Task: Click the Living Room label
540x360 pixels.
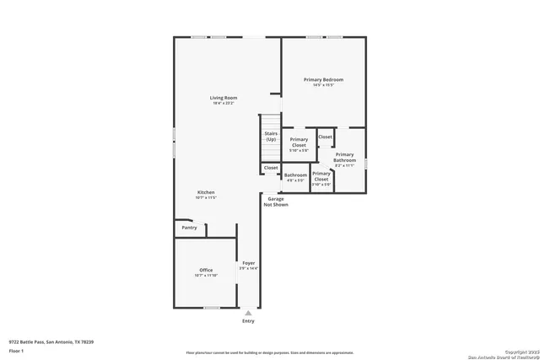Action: [x=224, y=98]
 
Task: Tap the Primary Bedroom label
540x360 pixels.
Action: [x=323, y=79]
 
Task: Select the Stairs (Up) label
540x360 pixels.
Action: [x=270, y=136]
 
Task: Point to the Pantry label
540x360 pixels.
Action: [x=189, y=227]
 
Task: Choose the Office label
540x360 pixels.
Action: [x=206, y=270]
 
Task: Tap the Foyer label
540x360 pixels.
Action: [x=249, y=263]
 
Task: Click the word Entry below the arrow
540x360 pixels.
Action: [x=248, y=321]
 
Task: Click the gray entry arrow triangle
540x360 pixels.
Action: [x=248, y=313]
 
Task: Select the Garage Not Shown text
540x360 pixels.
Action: [x=276, y=201]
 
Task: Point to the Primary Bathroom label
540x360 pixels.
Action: [x=344, y=157]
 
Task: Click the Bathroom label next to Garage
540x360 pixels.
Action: [x=295, y=175]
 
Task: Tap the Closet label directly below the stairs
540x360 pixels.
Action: [x=271, y=168]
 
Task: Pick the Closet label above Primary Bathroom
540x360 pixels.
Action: [x=325, y=137]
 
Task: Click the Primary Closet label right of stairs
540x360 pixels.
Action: [x=299, y=142]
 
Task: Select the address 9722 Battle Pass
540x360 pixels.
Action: [x=51, y=341]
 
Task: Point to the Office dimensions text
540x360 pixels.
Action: [x=206, y=276]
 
